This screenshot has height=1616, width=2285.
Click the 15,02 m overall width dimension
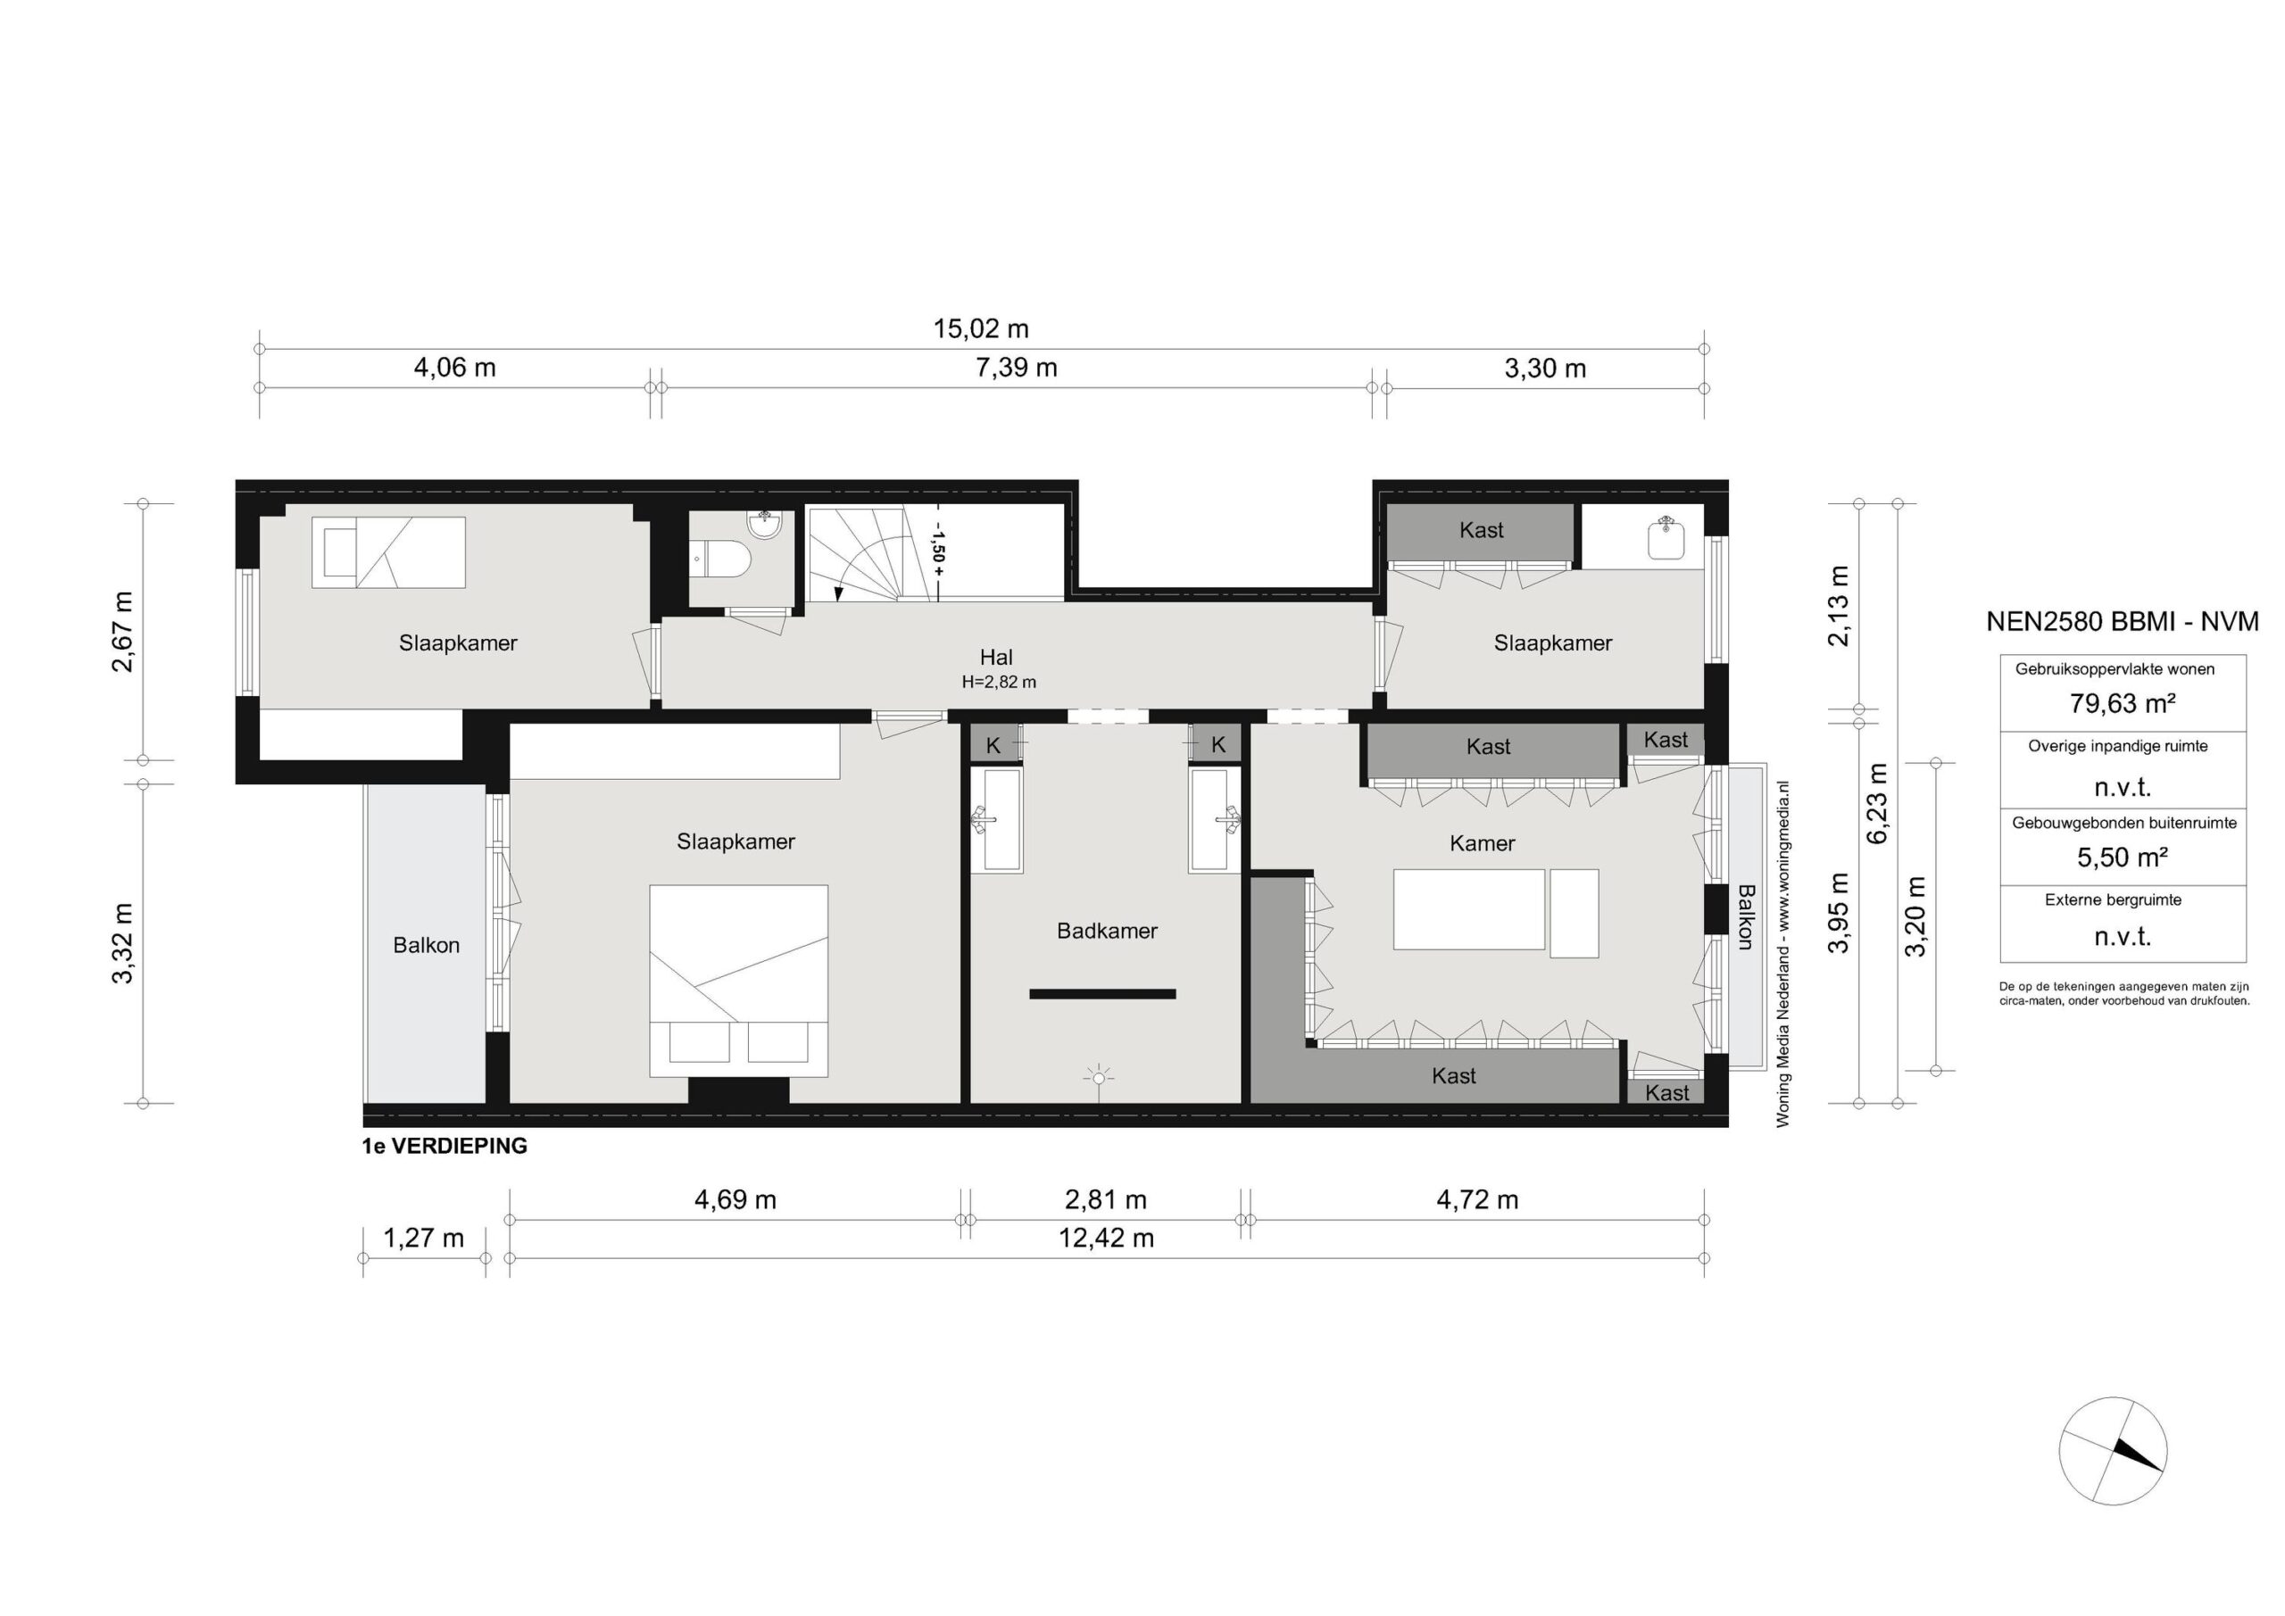click(980, 328)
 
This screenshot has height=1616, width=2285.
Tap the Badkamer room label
click(1107, 932)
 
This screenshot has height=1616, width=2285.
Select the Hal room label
click(996, 657)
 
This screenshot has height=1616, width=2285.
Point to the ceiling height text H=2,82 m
click(998, 683)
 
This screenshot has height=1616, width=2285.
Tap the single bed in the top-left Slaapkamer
click(388, 552)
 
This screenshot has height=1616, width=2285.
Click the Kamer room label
click(1482, 844)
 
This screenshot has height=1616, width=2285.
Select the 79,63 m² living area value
click(2122, 703)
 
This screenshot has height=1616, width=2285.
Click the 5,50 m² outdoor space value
click(2122, 857)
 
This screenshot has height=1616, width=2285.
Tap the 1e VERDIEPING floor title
click(445, 1146)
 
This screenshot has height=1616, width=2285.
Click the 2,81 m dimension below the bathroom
click(1106, 1200)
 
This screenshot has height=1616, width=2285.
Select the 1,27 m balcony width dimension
click(424, 1238)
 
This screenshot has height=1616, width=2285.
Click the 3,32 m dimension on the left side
click(122, 943)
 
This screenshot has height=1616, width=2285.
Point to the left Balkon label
click(426, 945)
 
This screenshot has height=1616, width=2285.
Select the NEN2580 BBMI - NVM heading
click(2122, 622)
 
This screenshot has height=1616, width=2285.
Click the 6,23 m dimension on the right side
click(1877, 803)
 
